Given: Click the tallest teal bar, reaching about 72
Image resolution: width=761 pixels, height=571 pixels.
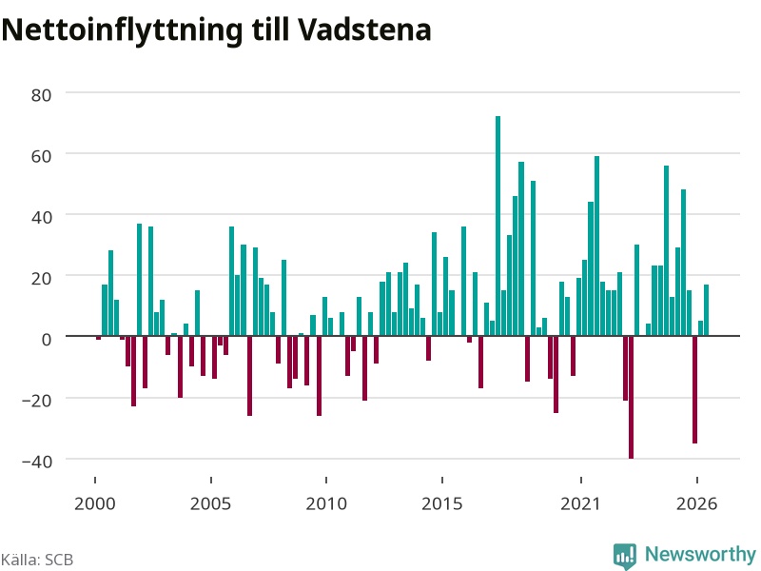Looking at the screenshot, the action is coord(498,226).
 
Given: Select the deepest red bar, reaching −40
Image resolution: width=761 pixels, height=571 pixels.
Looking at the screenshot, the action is coord(631,397).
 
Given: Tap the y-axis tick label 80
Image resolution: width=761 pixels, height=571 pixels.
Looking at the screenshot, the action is coord(41,95).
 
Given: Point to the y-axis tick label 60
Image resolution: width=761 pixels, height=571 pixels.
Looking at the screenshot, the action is coord(41,156).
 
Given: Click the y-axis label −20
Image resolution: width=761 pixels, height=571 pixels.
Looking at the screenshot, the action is coord(37,401).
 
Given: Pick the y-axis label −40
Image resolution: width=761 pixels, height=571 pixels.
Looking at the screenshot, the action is coord(37,462).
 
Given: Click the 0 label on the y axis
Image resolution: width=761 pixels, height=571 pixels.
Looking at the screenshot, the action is coord(47,340).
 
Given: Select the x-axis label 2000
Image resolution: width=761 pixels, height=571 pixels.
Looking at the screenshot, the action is coord(94,503).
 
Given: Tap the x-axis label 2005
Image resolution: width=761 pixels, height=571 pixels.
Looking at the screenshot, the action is coord(210,503).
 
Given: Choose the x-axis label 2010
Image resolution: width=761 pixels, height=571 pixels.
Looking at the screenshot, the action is coord(326,503).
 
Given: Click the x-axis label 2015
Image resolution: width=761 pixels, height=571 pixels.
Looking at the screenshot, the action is coord(442,503).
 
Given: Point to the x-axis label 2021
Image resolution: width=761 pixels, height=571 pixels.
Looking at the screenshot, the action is coord(580,503).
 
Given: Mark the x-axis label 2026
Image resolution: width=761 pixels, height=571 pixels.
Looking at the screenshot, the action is coord(696,503).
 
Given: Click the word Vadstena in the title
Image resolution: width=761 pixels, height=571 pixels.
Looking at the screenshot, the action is coord(364,30).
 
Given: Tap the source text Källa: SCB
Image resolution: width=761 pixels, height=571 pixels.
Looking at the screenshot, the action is coord(37,560).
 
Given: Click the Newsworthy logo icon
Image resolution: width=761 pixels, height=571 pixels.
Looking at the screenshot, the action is coord(625,556).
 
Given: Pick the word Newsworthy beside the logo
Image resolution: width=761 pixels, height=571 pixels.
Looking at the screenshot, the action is coord(700,554).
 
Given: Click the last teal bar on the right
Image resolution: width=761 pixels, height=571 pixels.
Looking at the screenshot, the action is coord(706,310).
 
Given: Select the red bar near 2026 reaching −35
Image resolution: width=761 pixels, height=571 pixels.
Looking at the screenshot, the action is coord(695,389).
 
